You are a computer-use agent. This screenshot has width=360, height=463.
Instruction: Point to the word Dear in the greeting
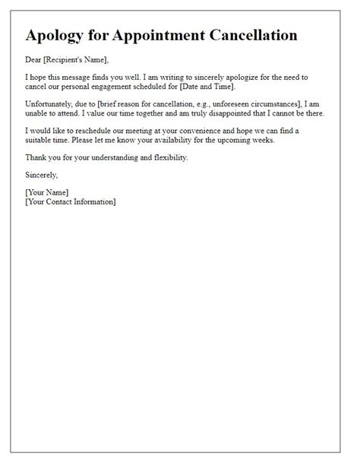tap(34, 59)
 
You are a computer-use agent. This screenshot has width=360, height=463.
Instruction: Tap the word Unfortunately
tap(50, 104)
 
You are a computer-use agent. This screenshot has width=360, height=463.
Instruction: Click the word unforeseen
tap(234, 104)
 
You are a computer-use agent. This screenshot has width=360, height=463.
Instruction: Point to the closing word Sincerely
tap(43, 174)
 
